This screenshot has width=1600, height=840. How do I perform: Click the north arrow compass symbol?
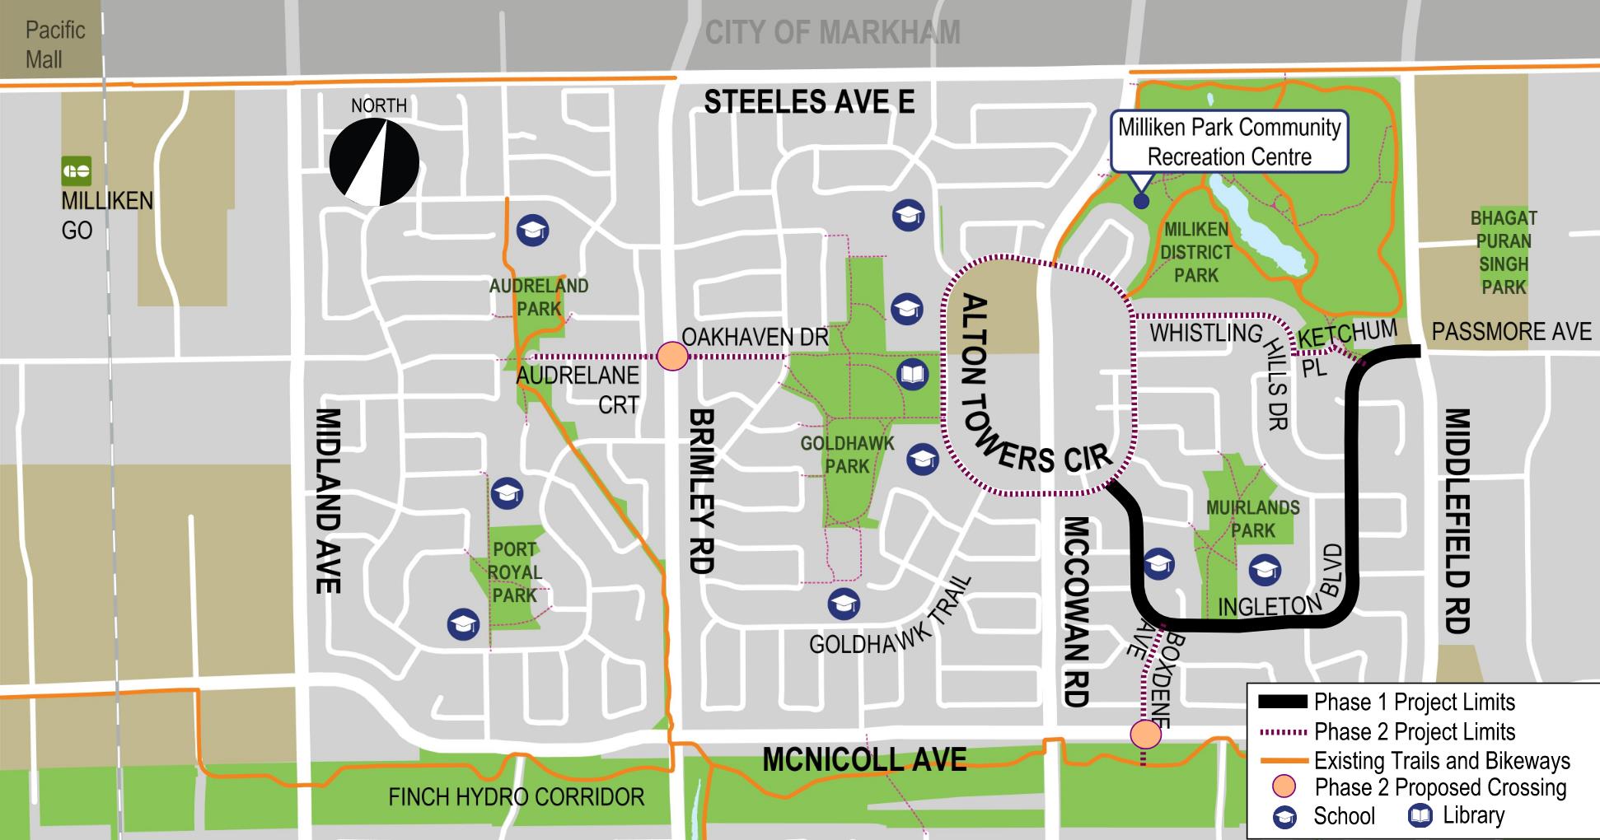pyautogui.click(x=374, y=162)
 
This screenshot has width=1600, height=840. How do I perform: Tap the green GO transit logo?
pyautogui.click(x=77, y=171)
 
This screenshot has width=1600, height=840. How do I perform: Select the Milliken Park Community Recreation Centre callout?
pyautogui.click(x=1228, y=142)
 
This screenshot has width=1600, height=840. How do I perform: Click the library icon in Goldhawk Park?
pyautogui.click(x=913, y=376)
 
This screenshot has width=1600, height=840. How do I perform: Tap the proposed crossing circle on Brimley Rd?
pyautogui.click(x=672, y=357)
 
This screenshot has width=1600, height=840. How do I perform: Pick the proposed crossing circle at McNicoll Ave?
pyautogui.click(x=1144, y=733)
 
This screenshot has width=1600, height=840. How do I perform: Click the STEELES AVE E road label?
pyautogui.click(x=809, y=102)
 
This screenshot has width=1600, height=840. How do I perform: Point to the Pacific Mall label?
pyautogui.click(x=54, y=44)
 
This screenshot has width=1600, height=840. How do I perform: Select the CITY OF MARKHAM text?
pyautogui.click(x=832, y=33)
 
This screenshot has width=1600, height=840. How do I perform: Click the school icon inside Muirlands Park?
pyautogui.click(x=1265, y=570)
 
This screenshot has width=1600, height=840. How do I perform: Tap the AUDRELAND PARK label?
pyautogui.click(x=539, y=297)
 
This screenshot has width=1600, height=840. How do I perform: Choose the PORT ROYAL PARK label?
pyautogui.click(x=514, y=572)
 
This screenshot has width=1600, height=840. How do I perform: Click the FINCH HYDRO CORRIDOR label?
pyautogui.click(x=516, y=796)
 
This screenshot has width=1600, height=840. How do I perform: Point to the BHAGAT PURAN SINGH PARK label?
pyautogui.click(x=1504, y=252)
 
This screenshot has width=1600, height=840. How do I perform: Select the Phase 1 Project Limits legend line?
pyautogui.click(x=1282, y=702)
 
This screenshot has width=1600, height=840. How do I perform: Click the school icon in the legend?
pyautogui.click(x=1284, y=817)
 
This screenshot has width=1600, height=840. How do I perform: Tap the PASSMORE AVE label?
pyautogui.click(x=1511, y=331)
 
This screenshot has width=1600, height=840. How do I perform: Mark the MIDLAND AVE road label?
pyautogui.click(x=328, y=500)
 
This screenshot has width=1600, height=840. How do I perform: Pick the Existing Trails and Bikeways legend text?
pyautogui.click(x=1442, y=760)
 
